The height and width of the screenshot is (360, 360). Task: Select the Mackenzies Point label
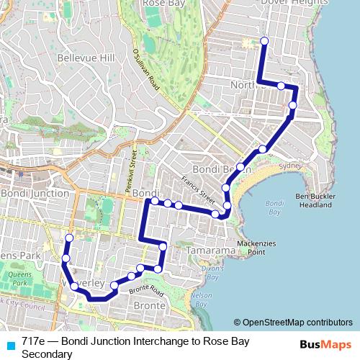point(251,248)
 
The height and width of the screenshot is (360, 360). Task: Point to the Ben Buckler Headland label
point(323,200)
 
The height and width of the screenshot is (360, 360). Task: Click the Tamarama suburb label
point(210,250)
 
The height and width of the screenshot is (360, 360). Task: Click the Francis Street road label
point(198,189)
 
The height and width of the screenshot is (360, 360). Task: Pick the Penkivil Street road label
point(133,171)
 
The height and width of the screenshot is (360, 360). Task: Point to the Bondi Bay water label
point(273,207)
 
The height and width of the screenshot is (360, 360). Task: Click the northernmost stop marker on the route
point(264,41)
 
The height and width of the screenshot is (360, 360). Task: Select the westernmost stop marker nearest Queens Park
point(66,258)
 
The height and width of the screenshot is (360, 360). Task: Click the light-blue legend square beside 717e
point(10,344)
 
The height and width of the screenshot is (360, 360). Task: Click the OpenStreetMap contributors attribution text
point(297,323)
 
